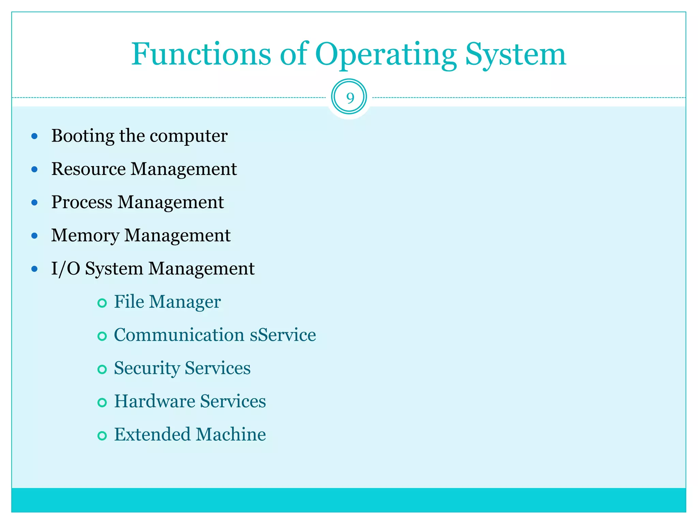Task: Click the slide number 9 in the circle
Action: pos(350,98)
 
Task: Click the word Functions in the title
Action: pos(201,55)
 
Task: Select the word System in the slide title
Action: pos(515,55)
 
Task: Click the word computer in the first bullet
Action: pos(188,136)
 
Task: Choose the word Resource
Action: pos(88,169)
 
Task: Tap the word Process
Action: pos(81,202)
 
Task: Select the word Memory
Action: pos(85,235)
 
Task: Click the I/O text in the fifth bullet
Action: pos(65,268)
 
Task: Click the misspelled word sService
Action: pos(283,335)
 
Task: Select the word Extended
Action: pos(152,435)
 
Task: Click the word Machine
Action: pos(231,435)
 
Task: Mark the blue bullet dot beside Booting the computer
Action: pos(34,136)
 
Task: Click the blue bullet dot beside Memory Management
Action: pos(34,236)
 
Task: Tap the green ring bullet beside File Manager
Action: pos(102,303)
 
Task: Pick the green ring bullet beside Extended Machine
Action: pos(102,436)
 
